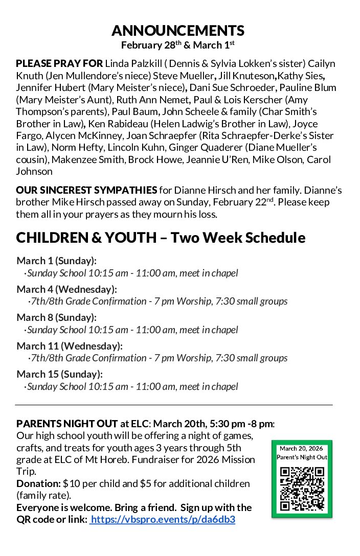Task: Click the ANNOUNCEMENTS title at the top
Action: click(177, 31)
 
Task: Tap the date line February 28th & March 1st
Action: click(177, 45)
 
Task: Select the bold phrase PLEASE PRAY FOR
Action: click(59, 64)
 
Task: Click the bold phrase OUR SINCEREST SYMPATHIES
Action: click(86, 191)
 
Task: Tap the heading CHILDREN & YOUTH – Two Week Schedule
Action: click(161, 238)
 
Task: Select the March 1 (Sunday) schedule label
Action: click(56, 261)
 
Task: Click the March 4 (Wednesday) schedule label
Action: click(66, 289)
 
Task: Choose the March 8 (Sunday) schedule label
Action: click(56, 317)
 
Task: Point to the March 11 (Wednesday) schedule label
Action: click(69, 346)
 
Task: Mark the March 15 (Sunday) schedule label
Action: click(59, 374)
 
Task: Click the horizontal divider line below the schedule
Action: click(174, 405)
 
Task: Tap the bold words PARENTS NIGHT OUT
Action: click(67, 424)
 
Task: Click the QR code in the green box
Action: click(302, 489)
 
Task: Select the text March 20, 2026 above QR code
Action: click(302, 449)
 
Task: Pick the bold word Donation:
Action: click(38, 483)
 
